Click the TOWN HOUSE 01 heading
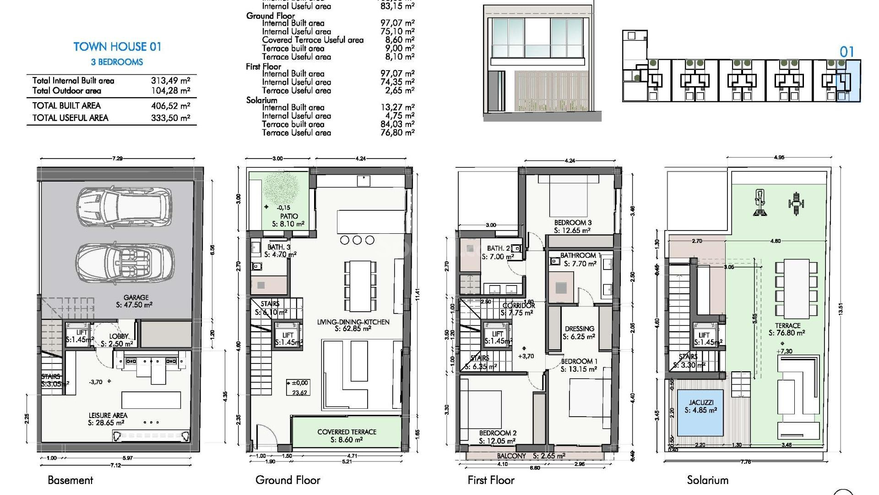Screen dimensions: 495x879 click(117, 47)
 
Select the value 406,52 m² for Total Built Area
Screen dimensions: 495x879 click(170, 106)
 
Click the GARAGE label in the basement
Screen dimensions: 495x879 click(136, 297)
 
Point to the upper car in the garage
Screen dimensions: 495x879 click(124, 206)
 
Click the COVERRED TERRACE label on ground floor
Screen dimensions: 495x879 click(347, 432)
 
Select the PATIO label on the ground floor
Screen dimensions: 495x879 click(289, 216)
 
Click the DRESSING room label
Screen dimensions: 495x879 click(580, 329)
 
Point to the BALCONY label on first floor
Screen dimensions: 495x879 click(511, 456)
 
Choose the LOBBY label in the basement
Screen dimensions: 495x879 click(119, 336)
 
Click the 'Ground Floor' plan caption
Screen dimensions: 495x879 click(288, 480)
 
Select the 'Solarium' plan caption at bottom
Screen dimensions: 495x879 click(707, 480)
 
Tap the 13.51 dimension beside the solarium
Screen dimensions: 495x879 click(840, 309)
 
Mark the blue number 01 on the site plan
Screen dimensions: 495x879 click(846, 52)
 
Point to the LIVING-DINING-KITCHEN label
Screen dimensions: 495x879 click(353, 322)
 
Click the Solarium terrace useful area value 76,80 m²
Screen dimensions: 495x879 click(397, 133)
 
